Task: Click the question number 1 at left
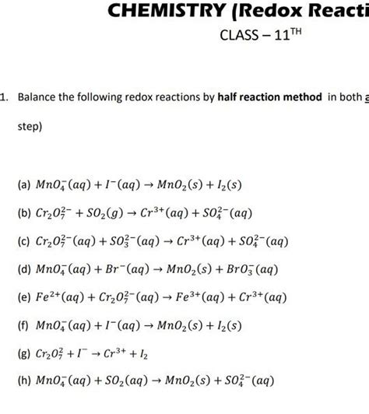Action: [4, 99]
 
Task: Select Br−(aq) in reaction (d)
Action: [124, 269]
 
